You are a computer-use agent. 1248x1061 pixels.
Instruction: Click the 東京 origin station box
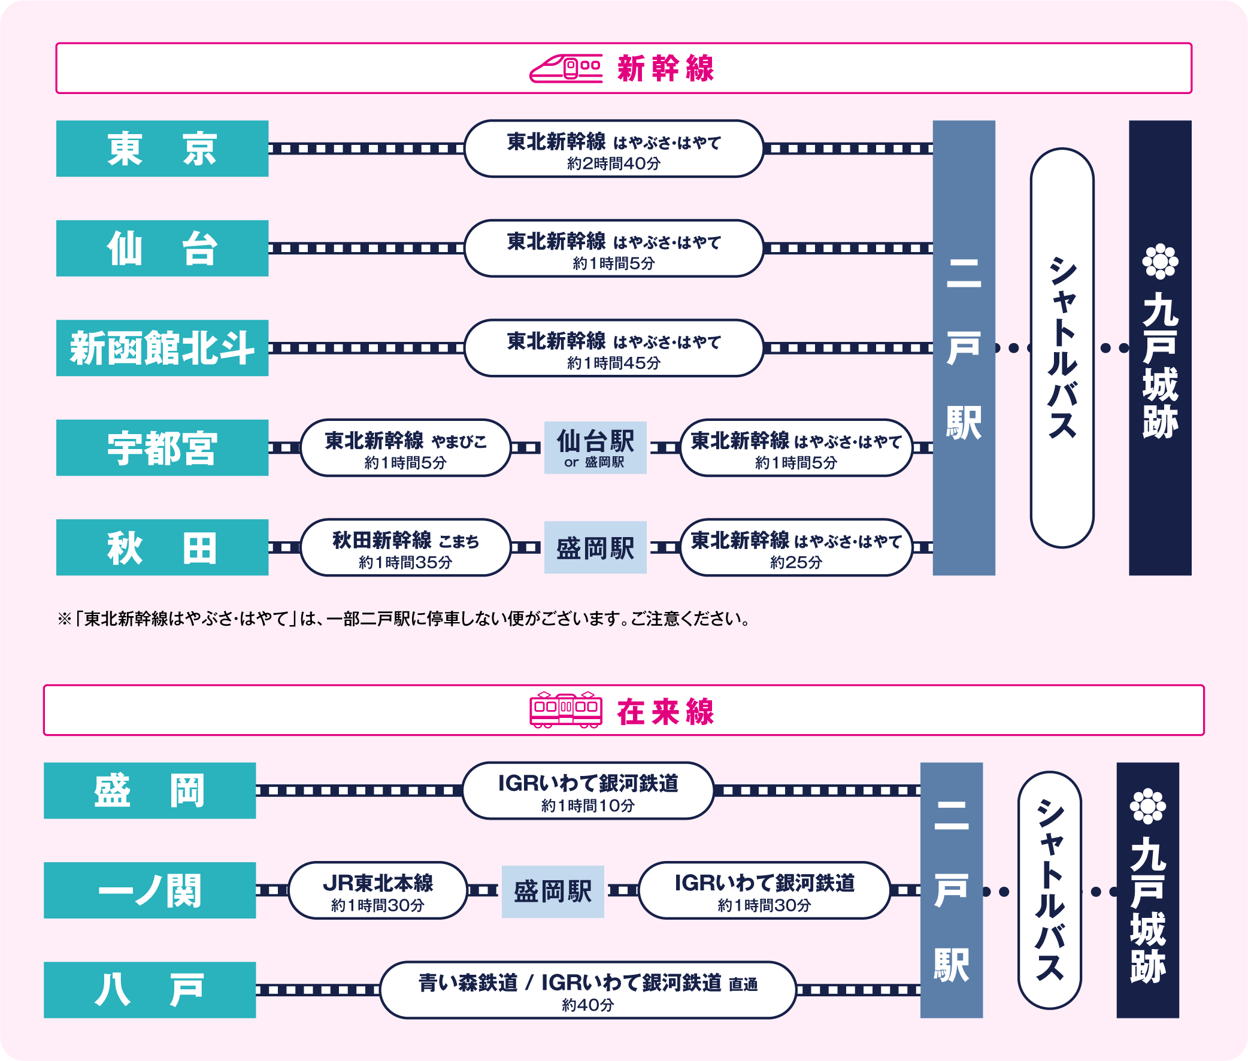pos(162,148)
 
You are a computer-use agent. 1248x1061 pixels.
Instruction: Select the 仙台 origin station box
pos(162,248)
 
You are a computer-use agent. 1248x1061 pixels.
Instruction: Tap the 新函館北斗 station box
pos(162,348)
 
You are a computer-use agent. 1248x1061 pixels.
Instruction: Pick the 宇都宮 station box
pos(162,448)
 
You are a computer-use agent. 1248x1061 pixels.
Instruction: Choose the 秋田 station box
pos(162,547)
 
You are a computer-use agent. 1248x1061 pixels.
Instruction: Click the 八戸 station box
pos(150,990)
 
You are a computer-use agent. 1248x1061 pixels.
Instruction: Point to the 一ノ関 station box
pos(150,890)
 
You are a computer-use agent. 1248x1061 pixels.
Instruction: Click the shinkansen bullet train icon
pos(565,69)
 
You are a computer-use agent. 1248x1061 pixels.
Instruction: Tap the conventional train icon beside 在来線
pos(565,710)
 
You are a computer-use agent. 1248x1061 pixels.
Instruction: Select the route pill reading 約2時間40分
pos(613,148)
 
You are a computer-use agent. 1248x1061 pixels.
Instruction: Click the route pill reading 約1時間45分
pos(613,348)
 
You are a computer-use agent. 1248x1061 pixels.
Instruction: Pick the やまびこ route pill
pos(405,448)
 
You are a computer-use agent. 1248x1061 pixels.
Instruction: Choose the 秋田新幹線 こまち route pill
pos(405,547)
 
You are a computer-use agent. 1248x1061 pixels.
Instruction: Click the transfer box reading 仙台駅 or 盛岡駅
pos(595,448)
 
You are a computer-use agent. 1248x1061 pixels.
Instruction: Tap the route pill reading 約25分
pos(796,547)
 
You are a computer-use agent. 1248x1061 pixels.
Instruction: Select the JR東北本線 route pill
pos(378,890)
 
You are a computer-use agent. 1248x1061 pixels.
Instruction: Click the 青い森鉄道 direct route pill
pos(587,990)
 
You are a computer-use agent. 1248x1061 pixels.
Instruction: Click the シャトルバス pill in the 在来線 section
pos(1050,890)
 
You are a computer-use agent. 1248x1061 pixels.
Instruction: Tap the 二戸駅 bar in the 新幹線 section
pos(964,348)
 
